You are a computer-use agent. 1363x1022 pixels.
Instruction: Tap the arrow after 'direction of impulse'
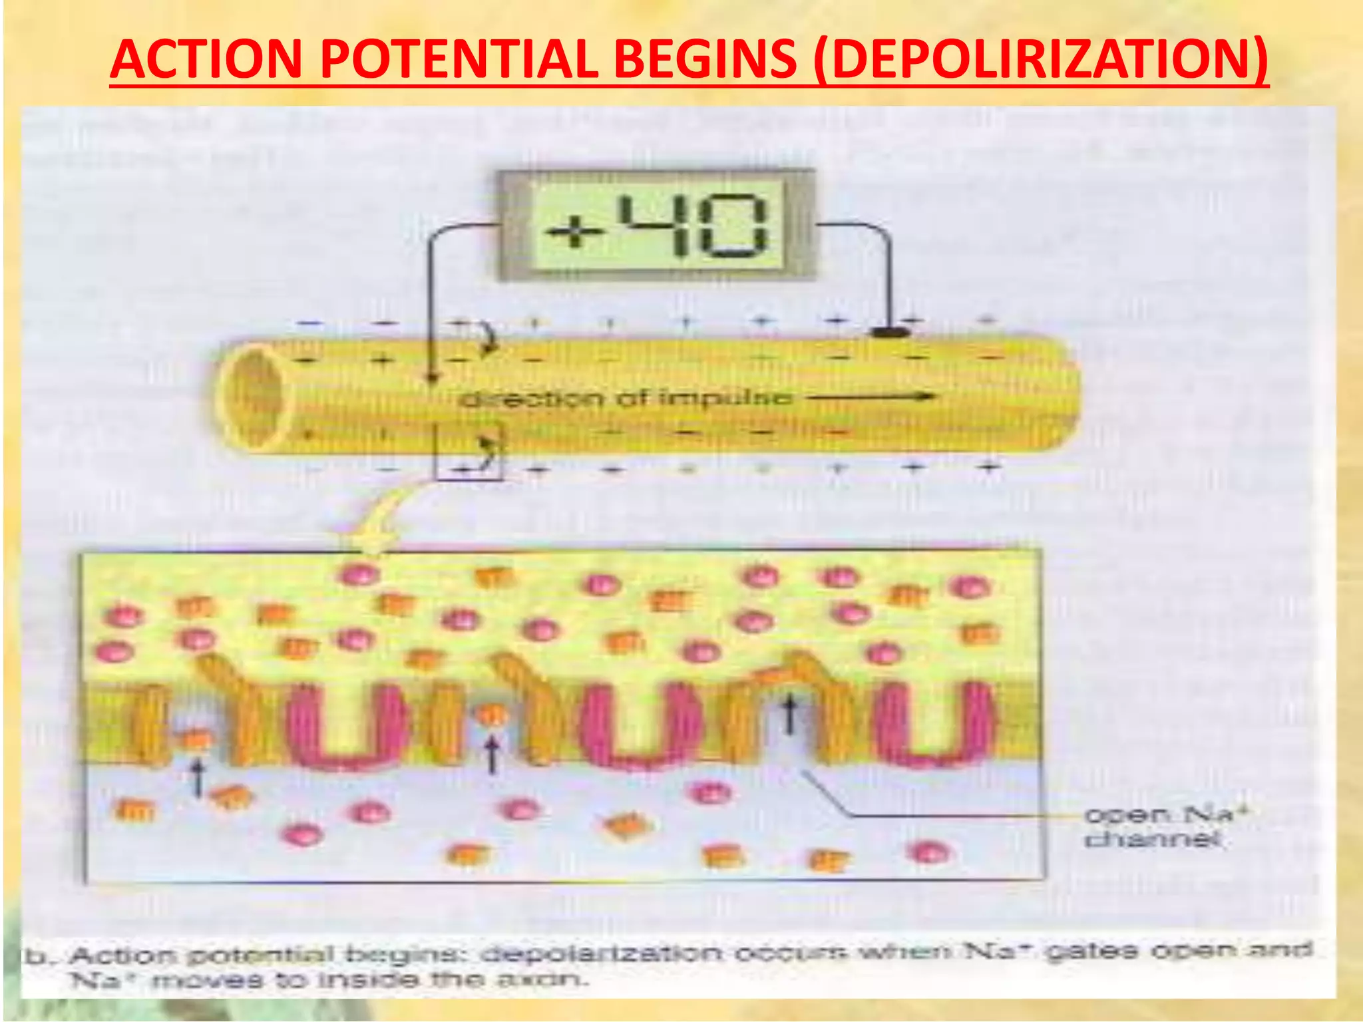[x=872, y=397]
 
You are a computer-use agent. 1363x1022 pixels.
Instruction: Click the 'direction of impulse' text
[x=626, y=399]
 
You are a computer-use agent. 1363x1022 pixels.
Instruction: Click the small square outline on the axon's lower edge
[x=467, y=452]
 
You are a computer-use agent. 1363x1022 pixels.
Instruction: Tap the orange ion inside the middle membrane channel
[x=492, y=716]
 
